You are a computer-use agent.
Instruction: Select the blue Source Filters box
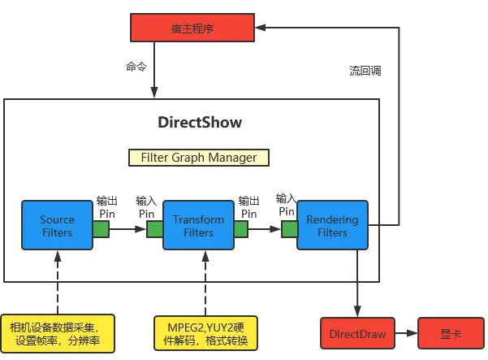(57, 226)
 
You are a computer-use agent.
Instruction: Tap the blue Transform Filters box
(199, 226)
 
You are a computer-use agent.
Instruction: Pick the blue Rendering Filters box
(333, 225)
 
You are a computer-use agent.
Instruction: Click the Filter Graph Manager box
(199, 158)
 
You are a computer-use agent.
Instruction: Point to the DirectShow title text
(199, 124)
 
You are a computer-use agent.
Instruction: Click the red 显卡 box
(451, 333)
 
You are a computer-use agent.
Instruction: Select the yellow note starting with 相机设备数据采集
(57, 333)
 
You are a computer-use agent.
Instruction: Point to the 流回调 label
(360, 71)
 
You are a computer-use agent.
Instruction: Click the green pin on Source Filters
(101, 230)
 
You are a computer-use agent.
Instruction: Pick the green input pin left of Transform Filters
(155, 230)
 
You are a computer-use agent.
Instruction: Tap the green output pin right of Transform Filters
(241, 230)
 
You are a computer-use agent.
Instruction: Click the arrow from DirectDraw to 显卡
(406, 333)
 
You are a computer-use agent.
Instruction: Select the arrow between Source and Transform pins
(127, 230)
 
